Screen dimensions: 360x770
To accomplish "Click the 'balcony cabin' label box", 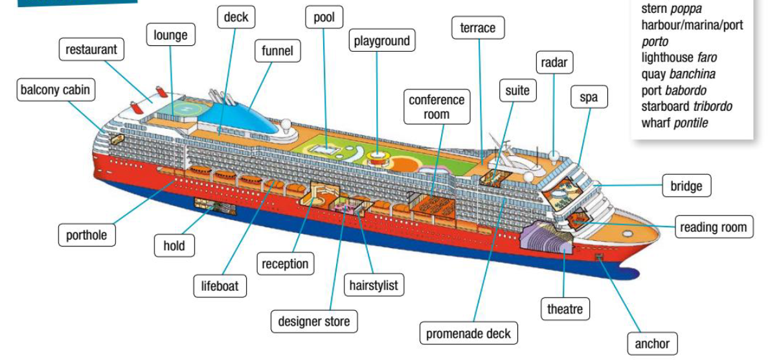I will [x=55, y=90].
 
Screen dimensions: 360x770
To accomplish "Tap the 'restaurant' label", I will [x=91, y=50].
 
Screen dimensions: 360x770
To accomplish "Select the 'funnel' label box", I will [x=277, y=51].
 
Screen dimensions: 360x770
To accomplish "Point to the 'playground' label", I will [x=382, y=41].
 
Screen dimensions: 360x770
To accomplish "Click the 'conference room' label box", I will [x=436, y=107].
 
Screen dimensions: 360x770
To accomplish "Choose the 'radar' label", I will [x=554, y=63].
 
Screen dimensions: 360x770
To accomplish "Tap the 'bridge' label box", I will [x=686, y=186].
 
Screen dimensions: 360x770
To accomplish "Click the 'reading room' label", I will [x=714, y=227].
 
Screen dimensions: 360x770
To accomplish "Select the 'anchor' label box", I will [x=652, y=343].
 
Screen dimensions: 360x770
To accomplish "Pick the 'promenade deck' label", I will [x=468, y=334].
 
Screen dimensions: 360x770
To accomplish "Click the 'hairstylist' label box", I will [x=373, y=285].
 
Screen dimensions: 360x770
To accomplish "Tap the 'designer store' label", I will [x=313, y=321].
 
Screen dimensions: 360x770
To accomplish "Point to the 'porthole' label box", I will [x=87, y=235].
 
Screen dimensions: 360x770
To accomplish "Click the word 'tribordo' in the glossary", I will [x=712, y=106].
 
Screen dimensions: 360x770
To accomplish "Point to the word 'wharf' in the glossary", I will [x=656, y=122].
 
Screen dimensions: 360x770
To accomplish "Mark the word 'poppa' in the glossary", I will [x=686, y=9].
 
